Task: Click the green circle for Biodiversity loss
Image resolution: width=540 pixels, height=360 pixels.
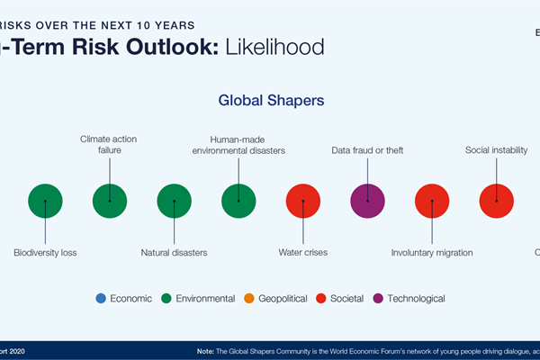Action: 45,201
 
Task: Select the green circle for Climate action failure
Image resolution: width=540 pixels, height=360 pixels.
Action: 110,201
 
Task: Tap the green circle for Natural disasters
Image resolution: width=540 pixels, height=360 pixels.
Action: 175,201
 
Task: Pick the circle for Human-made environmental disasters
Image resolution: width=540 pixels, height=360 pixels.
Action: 238,201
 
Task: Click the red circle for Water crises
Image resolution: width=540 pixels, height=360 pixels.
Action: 303,201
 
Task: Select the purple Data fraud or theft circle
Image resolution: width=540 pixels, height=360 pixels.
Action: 367,201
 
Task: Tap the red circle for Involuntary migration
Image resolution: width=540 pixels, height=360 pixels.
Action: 432,201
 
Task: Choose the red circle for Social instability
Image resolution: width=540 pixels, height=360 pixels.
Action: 496,201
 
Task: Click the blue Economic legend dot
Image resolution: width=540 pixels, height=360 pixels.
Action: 100,298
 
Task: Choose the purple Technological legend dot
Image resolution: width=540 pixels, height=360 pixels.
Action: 378,298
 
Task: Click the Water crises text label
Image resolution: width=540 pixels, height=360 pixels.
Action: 303,253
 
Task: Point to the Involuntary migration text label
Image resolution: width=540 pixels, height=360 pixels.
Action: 432,253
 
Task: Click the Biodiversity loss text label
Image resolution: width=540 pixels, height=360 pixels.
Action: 45,253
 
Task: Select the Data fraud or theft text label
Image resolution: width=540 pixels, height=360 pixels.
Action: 367,150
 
